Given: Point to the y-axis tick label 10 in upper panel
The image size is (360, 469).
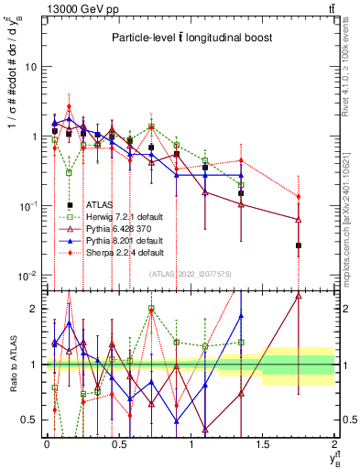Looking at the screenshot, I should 30,67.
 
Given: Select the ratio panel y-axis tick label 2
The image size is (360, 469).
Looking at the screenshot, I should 34,309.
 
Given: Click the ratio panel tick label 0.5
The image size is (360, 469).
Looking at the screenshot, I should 30,420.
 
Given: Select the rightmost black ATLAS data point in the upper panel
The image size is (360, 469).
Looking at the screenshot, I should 299,245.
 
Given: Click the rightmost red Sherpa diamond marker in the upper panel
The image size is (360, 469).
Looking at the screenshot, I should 299,196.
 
